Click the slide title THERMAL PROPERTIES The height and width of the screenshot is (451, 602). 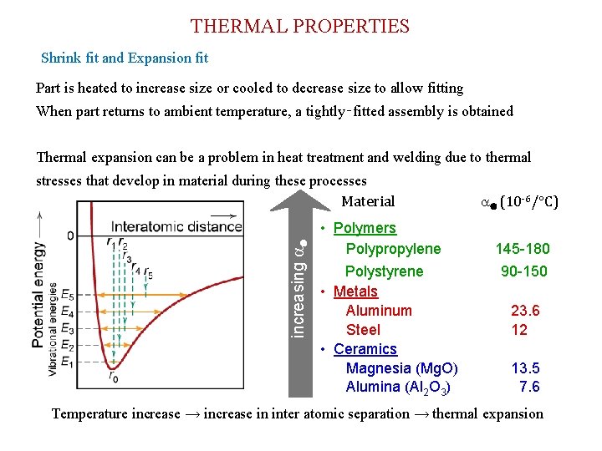point(300,27)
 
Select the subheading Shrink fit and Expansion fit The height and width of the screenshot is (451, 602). point(125,58)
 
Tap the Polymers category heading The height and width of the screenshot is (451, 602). point(364,228)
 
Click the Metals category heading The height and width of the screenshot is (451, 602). point(355,291)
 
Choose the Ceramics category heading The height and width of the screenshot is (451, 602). point(365,349)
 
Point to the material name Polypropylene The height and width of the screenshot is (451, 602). point(393,249)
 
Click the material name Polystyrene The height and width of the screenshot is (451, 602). point(385,271)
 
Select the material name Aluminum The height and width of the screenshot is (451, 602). point(379,311)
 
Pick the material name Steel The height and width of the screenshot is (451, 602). point(363,330)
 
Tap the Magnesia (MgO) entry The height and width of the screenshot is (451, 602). point(401,368)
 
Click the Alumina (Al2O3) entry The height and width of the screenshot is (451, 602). point(399,388)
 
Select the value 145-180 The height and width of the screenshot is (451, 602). point(523,249)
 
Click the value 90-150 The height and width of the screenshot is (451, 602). point(524,271)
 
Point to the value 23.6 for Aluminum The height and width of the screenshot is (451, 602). point(525,311)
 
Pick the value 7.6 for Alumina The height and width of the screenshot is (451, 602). point(529,387)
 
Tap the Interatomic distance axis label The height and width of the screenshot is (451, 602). point(176,226)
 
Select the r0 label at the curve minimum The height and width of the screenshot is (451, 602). point(113,378)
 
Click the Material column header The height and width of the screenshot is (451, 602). point(368,201)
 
